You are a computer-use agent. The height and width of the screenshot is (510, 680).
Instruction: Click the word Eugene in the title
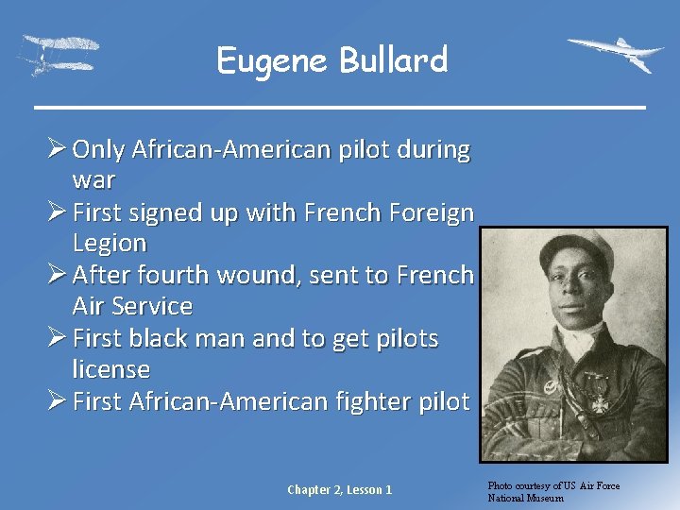(273, 61)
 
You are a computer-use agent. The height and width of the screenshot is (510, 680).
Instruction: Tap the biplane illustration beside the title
(59, 55)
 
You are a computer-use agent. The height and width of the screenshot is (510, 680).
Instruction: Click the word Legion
(110, 243)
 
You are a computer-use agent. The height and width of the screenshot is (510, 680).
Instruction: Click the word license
(110, 369)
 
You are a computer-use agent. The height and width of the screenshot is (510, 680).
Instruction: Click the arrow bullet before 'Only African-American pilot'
(56, 149)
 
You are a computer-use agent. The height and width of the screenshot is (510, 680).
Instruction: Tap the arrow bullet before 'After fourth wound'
(56, 275)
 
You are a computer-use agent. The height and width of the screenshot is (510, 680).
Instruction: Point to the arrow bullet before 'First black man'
(56, 338)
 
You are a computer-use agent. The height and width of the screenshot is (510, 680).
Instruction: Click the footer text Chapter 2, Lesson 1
(339, 489)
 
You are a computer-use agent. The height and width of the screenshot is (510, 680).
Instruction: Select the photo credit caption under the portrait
(553, 491)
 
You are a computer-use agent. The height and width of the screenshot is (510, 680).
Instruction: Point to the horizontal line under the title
(339, 107)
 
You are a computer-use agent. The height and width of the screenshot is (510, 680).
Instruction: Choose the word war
(93, 179)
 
